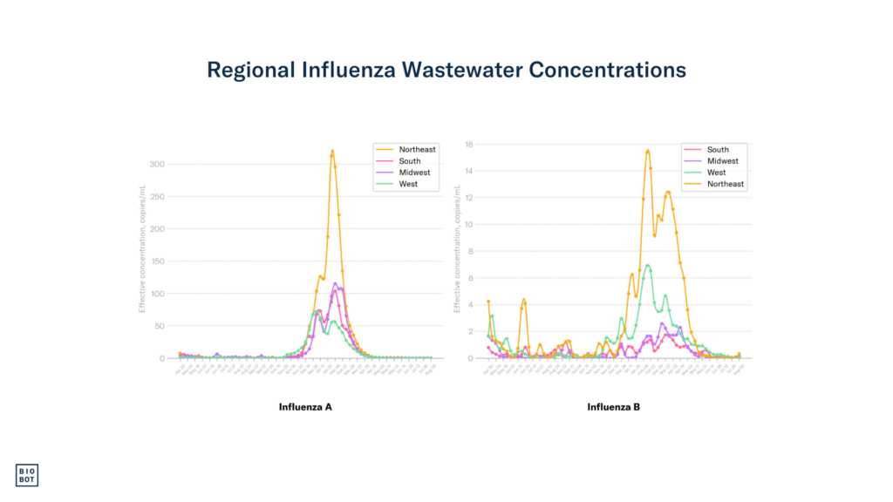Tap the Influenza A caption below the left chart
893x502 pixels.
click(305, 407)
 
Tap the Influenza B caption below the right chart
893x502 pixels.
click(614, 407)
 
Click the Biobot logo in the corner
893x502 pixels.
click(28, 474)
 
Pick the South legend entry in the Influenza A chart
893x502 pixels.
click(410, 161)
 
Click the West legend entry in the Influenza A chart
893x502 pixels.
click(408, 184)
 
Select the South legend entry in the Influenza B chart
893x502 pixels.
click(718, 150)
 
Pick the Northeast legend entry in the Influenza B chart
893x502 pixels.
click(726, 184)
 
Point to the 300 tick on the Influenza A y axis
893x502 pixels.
click(157, 164)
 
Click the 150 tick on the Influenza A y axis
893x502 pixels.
click(157, 261)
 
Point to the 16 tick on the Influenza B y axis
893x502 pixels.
click(468, 145)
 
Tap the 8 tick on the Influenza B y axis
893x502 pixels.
click(470, 251)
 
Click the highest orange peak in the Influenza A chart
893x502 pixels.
click(332, 151)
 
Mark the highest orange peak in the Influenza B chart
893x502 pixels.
click(647, 151)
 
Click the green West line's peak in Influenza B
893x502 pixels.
click(647, 265)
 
